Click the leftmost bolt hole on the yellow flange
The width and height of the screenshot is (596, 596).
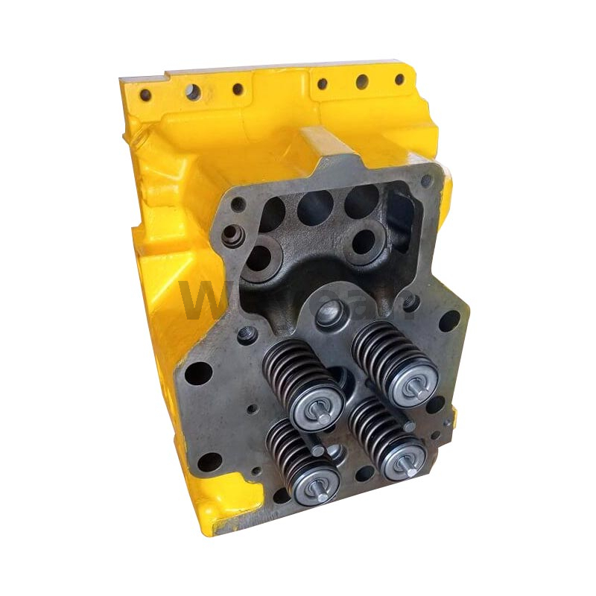point(145,95)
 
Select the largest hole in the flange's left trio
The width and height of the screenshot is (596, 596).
point(193,92)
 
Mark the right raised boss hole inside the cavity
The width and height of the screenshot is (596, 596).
point(364,240)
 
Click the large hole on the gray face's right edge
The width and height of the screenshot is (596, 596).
point(449,321)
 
